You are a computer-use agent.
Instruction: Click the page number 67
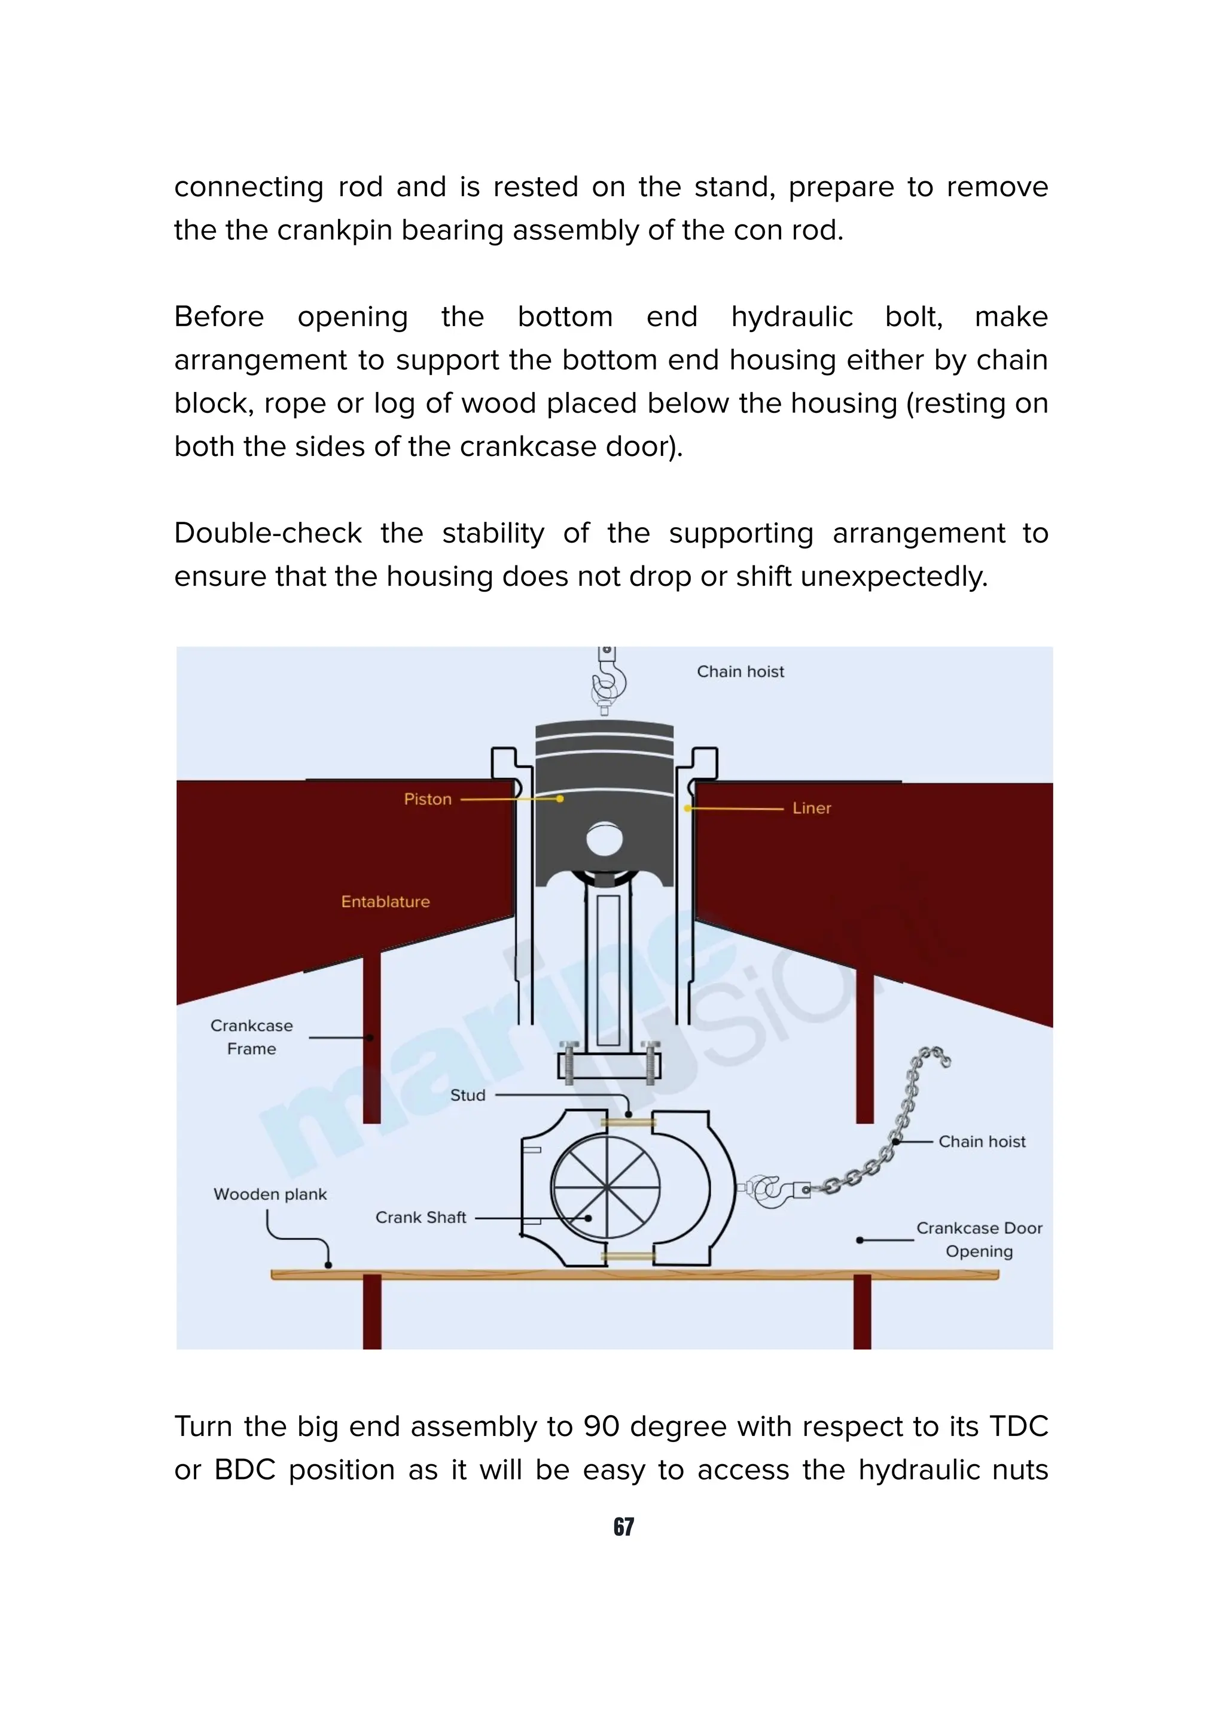click(x=623, y=1526)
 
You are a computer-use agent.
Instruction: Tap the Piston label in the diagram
click(x=427, y=799)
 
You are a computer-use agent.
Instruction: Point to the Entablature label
click(x=385, y=901)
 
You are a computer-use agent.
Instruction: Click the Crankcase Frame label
click(x=251, y=1037)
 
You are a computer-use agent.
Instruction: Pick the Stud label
click(x=467, y=1095)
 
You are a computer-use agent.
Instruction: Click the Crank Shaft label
click(x=420, y=1218)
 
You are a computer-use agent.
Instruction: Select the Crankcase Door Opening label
click(x=979, y=1239)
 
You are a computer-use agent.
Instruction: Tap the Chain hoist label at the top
click(x=740, y=671)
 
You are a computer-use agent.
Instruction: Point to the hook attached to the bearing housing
click(x=773, y=1190)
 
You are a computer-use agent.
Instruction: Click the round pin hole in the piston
click(x=605, y=839)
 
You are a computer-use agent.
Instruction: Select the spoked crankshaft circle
click(x=605, y=1188)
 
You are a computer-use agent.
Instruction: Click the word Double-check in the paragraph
click(x=268, y=533)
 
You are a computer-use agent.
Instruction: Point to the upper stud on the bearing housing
click(x=628, y=1123)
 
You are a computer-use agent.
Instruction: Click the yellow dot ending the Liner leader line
click(x=687, y=808)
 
